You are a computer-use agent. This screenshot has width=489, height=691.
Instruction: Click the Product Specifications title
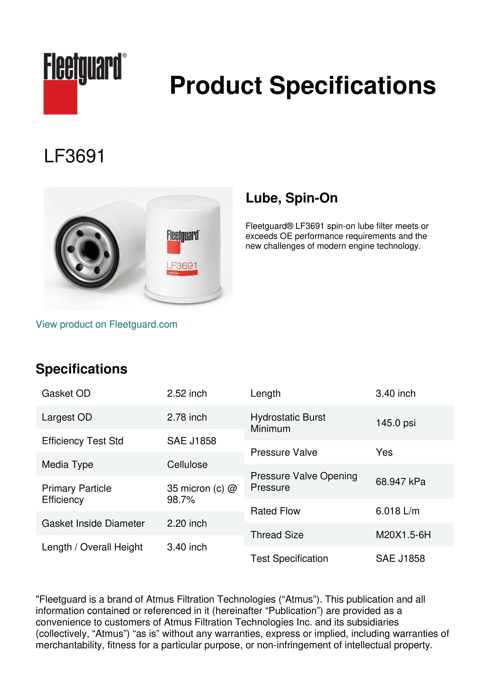coord(303,85)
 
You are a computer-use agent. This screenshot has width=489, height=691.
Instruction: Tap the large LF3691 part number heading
coord(74,156)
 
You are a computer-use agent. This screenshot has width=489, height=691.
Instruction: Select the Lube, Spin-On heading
coord(292,198)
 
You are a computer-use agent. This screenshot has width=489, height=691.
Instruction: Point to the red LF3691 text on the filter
coord(182,266)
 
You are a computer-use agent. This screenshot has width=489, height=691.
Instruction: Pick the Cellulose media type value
coord(187,464)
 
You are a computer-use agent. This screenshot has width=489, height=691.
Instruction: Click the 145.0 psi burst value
coord(395,423)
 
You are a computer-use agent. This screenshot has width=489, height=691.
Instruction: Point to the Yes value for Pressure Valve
coord(384,452)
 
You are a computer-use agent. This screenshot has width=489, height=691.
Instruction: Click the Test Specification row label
coord(289,559)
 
